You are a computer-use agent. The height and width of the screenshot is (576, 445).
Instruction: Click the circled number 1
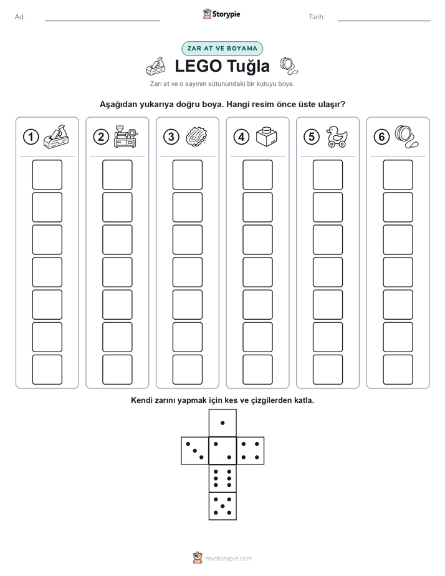(x=31, y=137)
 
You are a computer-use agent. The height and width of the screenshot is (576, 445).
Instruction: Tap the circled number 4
(x=241, y=137)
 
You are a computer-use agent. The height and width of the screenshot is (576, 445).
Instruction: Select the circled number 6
(x=381, y=137)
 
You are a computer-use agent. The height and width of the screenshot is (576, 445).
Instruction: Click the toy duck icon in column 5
(x=337, y=137)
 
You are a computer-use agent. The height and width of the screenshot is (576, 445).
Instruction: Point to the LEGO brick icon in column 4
(x=267, y=137)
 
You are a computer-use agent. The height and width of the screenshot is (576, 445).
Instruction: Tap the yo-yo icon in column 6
(x=406, y=137)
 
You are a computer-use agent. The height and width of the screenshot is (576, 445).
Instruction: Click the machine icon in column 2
(x=126, y=137)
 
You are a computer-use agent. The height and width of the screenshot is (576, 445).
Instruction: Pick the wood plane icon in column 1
(x=56, y=137)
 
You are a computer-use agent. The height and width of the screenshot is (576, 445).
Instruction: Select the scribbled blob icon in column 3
(x=196, y=137)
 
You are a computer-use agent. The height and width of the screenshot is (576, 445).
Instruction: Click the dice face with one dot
(x=222, y=423)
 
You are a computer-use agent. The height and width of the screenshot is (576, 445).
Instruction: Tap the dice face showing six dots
(x=222, y=478)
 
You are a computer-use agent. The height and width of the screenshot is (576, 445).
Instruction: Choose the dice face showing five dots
(x=222, y=506)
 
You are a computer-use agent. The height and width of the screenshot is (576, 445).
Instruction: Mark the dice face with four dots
(x=250, y=450)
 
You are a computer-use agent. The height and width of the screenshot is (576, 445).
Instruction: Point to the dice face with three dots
(x=195, y=450)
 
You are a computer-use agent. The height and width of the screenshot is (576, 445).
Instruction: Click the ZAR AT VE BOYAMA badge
(x=222, y=49)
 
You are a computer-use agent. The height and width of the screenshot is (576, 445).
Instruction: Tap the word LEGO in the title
(x=198, y=66)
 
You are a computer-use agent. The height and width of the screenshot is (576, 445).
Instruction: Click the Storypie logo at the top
(x=221, y=14)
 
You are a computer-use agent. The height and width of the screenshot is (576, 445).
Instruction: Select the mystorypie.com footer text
(x=228, y=559)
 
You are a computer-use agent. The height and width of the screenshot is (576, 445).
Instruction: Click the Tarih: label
(x=317, y=17)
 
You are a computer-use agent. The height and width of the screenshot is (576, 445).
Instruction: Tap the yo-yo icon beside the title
(x=289, y=66)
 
